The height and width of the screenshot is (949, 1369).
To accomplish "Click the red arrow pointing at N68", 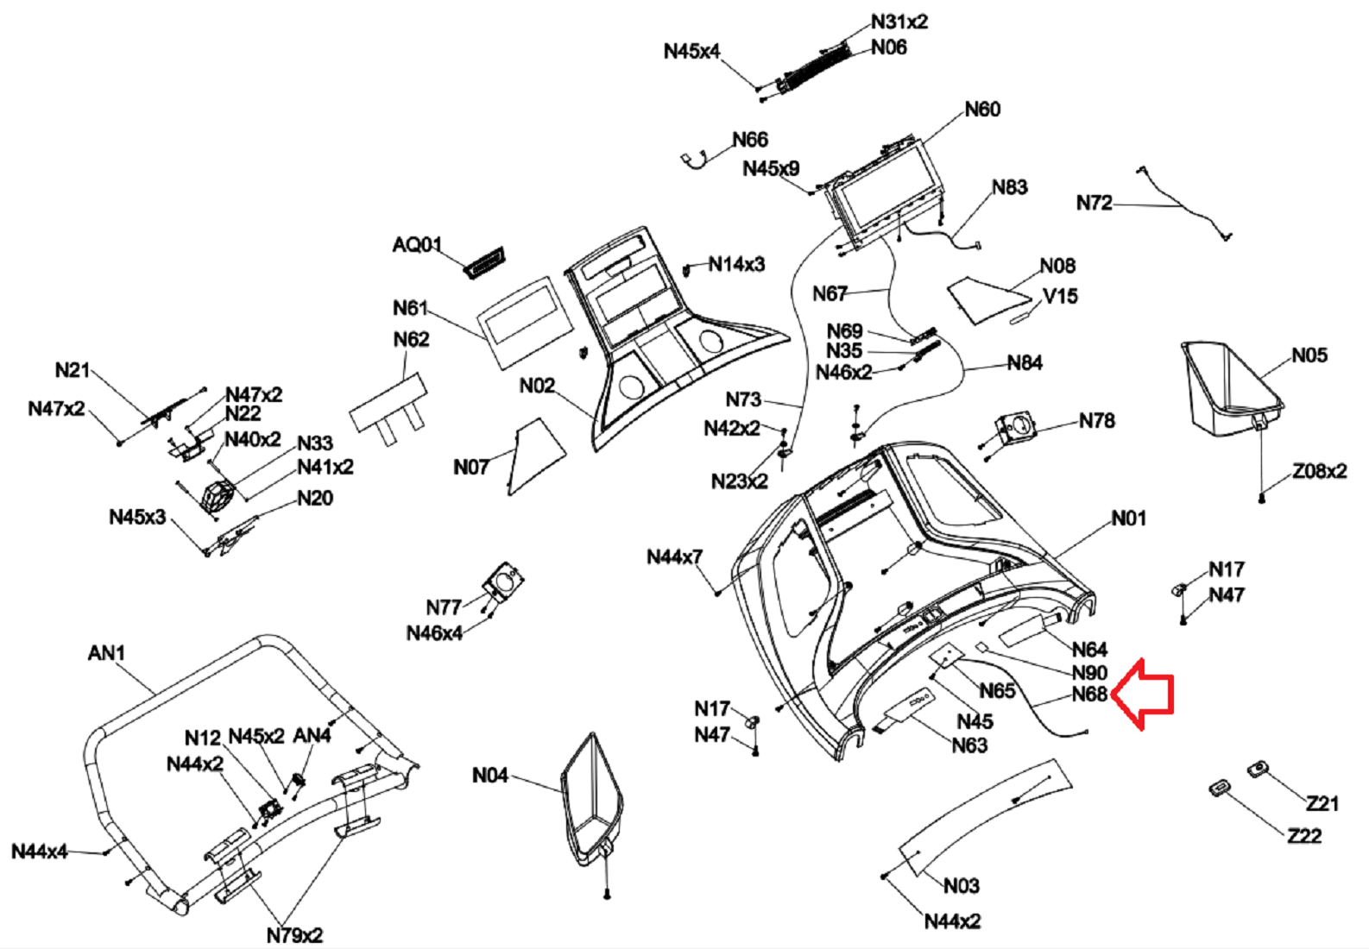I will pos(1143,694).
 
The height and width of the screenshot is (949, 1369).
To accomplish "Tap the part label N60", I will pos(982,110).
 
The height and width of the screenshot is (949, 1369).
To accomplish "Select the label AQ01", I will pos(417,245).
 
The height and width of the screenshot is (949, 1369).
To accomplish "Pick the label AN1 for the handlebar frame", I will pos(106,653).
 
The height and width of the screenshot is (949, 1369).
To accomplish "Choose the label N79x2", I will pos(294,935).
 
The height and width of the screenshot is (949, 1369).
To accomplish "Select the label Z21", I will pos(1322,804).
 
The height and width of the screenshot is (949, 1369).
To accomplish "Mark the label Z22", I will pos(1303,836).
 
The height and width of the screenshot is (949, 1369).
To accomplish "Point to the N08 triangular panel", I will pos(987,299).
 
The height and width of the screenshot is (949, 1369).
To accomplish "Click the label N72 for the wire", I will pos(1094,203).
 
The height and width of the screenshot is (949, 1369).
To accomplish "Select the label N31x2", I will pos(899,22).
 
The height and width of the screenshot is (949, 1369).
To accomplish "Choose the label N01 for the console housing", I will pos(1128,518).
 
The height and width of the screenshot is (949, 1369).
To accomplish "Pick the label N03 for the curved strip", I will pos(961,886).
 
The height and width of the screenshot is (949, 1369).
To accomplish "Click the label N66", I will pos(749,140).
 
